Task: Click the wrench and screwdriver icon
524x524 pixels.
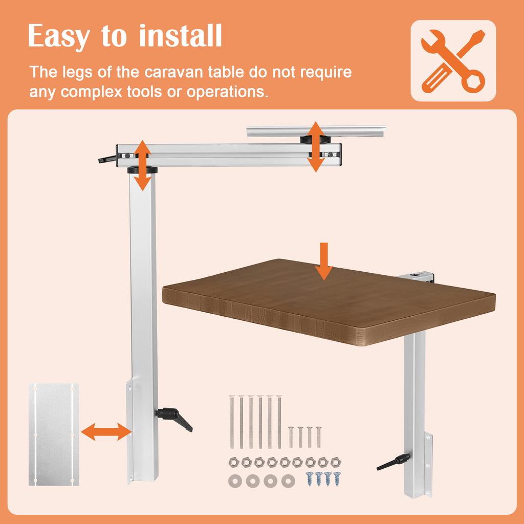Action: [453, 60]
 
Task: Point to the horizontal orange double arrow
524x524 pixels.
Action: [106, 431]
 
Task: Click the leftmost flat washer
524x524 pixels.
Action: [236, 482]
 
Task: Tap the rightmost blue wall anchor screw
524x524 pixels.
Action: [336, 478]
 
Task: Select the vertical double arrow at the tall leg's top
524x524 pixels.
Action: [142, 165]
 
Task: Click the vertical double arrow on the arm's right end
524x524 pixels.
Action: [316, 146]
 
